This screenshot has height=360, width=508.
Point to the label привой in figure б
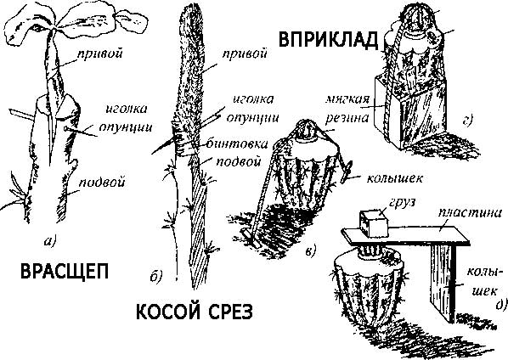click(x=241, y=53)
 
